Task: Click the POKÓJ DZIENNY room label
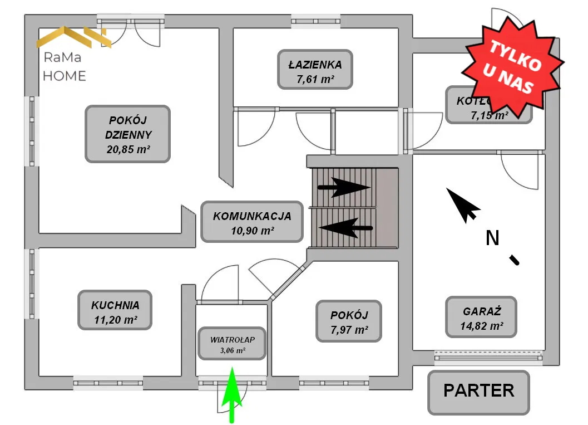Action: [x=127, y=134]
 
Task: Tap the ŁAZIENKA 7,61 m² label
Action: [x=315, y=71]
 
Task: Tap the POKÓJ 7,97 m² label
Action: [x=349, y=322]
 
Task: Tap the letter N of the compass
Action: [x=492, y=238]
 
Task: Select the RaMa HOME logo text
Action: [x=65, y=66]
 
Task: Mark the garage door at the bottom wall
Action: [x=488, y=355]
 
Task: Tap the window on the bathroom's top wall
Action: [x=316, y=22]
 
